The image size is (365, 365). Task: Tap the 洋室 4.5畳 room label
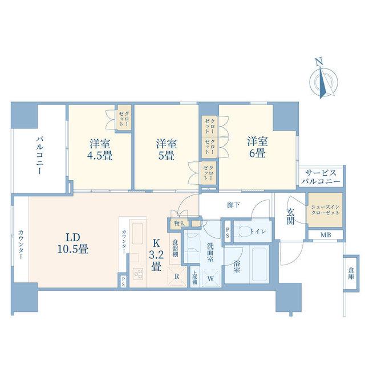100,149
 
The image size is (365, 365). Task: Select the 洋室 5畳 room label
167,149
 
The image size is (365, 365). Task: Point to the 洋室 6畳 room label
257,147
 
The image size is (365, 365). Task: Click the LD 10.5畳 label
72,244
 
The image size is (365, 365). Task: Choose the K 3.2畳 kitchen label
156,255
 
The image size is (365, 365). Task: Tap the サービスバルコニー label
321,177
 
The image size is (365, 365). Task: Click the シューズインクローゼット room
325,209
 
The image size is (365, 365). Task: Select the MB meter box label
326,235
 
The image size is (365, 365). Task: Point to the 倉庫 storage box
350,273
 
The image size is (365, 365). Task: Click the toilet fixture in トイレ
242,231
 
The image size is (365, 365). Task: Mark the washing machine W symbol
210,278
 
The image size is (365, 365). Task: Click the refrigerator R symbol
177,277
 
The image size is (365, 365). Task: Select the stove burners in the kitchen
139,274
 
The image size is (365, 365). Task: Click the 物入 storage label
180,223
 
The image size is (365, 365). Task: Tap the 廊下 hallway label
234,205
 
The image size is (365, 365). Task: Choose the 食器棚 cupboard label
175,248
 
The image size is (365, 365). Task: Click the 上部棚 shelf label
194,278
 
